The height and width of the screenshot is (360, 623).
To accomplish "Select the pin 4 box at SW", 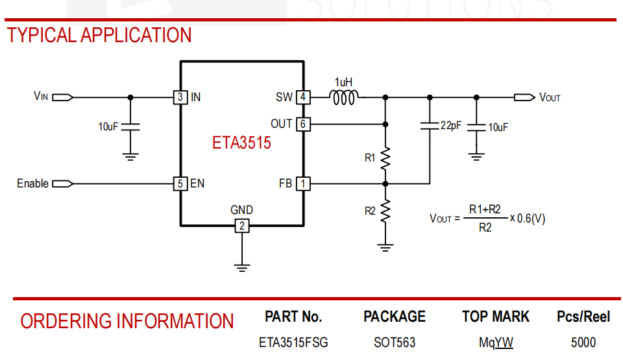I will (x=303, y=97).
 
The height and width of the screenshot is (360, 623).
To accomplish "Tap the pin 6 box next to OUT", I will (x=303, y=123).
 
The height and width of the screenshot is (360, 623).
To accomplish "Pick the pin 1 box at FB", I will (x=303, y=184).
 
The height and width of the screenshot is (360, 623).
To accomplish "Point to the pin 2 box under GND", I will (x=241, y=226).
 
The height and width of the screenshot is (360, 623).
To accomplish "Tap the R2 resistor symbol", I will (x=385, y=211).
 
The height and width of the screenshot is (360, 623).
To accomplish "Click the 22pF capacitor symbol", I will (x=429, y=126).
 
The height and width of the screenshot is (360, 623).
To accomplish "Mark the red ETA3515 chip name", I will (x=241, y=143).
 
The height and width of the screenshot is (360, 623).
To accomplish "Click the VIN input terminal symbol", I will (x=62, y=97).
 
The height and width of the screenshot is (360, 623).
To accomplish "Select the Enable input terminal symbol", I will (x=62, y=184).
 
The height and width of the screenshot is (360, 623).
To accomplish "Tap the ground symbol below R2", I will (x=385, y=246).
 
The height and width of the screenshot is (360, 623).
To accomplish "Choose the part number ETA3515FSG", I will (x=293, y=342).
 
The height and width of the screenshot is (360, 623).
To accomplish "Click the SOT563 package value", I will (x=395, y=342).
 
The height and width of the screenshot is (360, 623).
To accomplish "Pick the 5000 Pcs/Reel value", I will (x=583, y=342).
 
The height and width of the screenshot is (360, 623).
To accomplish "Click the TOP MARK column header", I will (x=496, y=317).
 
